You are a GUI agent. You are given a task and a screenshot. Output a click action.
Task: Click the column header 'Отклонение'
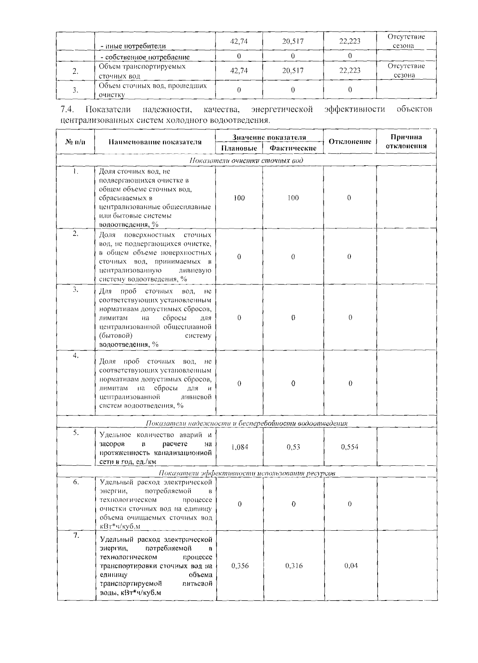click(x=349, y=141)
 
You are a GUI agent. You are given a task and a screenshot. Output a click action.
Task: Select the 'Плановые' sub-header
click(x=239, y=148)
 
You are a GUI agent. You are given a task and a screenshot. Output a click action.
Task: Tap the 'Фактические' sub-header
click(x=293, y=148)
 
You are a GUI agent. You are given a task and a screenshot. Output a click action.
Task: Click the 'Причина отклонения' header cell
click(x=406, y=141)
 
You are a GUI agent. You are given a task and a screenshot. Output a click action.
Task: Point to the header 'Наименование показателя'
click(x=155, y=142)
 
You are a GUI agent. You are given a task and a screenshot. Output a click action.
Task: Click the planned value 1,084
click(x=239, y=447)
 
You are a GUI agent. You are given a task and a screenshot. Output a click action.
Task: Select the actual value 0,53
click(x=293, y=447)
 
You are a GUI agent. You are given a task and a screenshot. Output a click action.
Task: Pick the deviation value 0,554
click(x=349, y=447)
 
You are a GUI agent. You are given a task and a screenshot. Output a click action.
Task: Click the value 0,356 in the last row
click(x=240, y=566)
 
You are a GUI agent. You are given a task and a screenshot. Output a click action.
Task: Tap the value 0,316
click(x=294, y=566)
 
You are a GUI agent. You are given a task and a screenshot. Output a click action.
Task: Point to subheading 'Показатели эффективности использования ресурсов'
click(x=247, y=473)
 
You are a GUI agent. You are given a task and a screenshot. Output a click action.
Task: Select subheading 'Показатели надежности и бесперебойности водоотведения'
click(x=247, y=423)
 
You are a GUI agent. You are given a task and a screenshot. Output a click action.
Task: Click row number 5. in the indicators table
click(x=76, y=433)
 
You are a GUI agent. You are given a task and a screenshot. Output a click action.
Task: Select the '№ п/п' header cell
click(x=75, y=142)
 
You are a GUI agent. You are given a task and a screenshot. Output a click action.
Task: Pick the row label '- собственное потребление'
click(x=145, y=57)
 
